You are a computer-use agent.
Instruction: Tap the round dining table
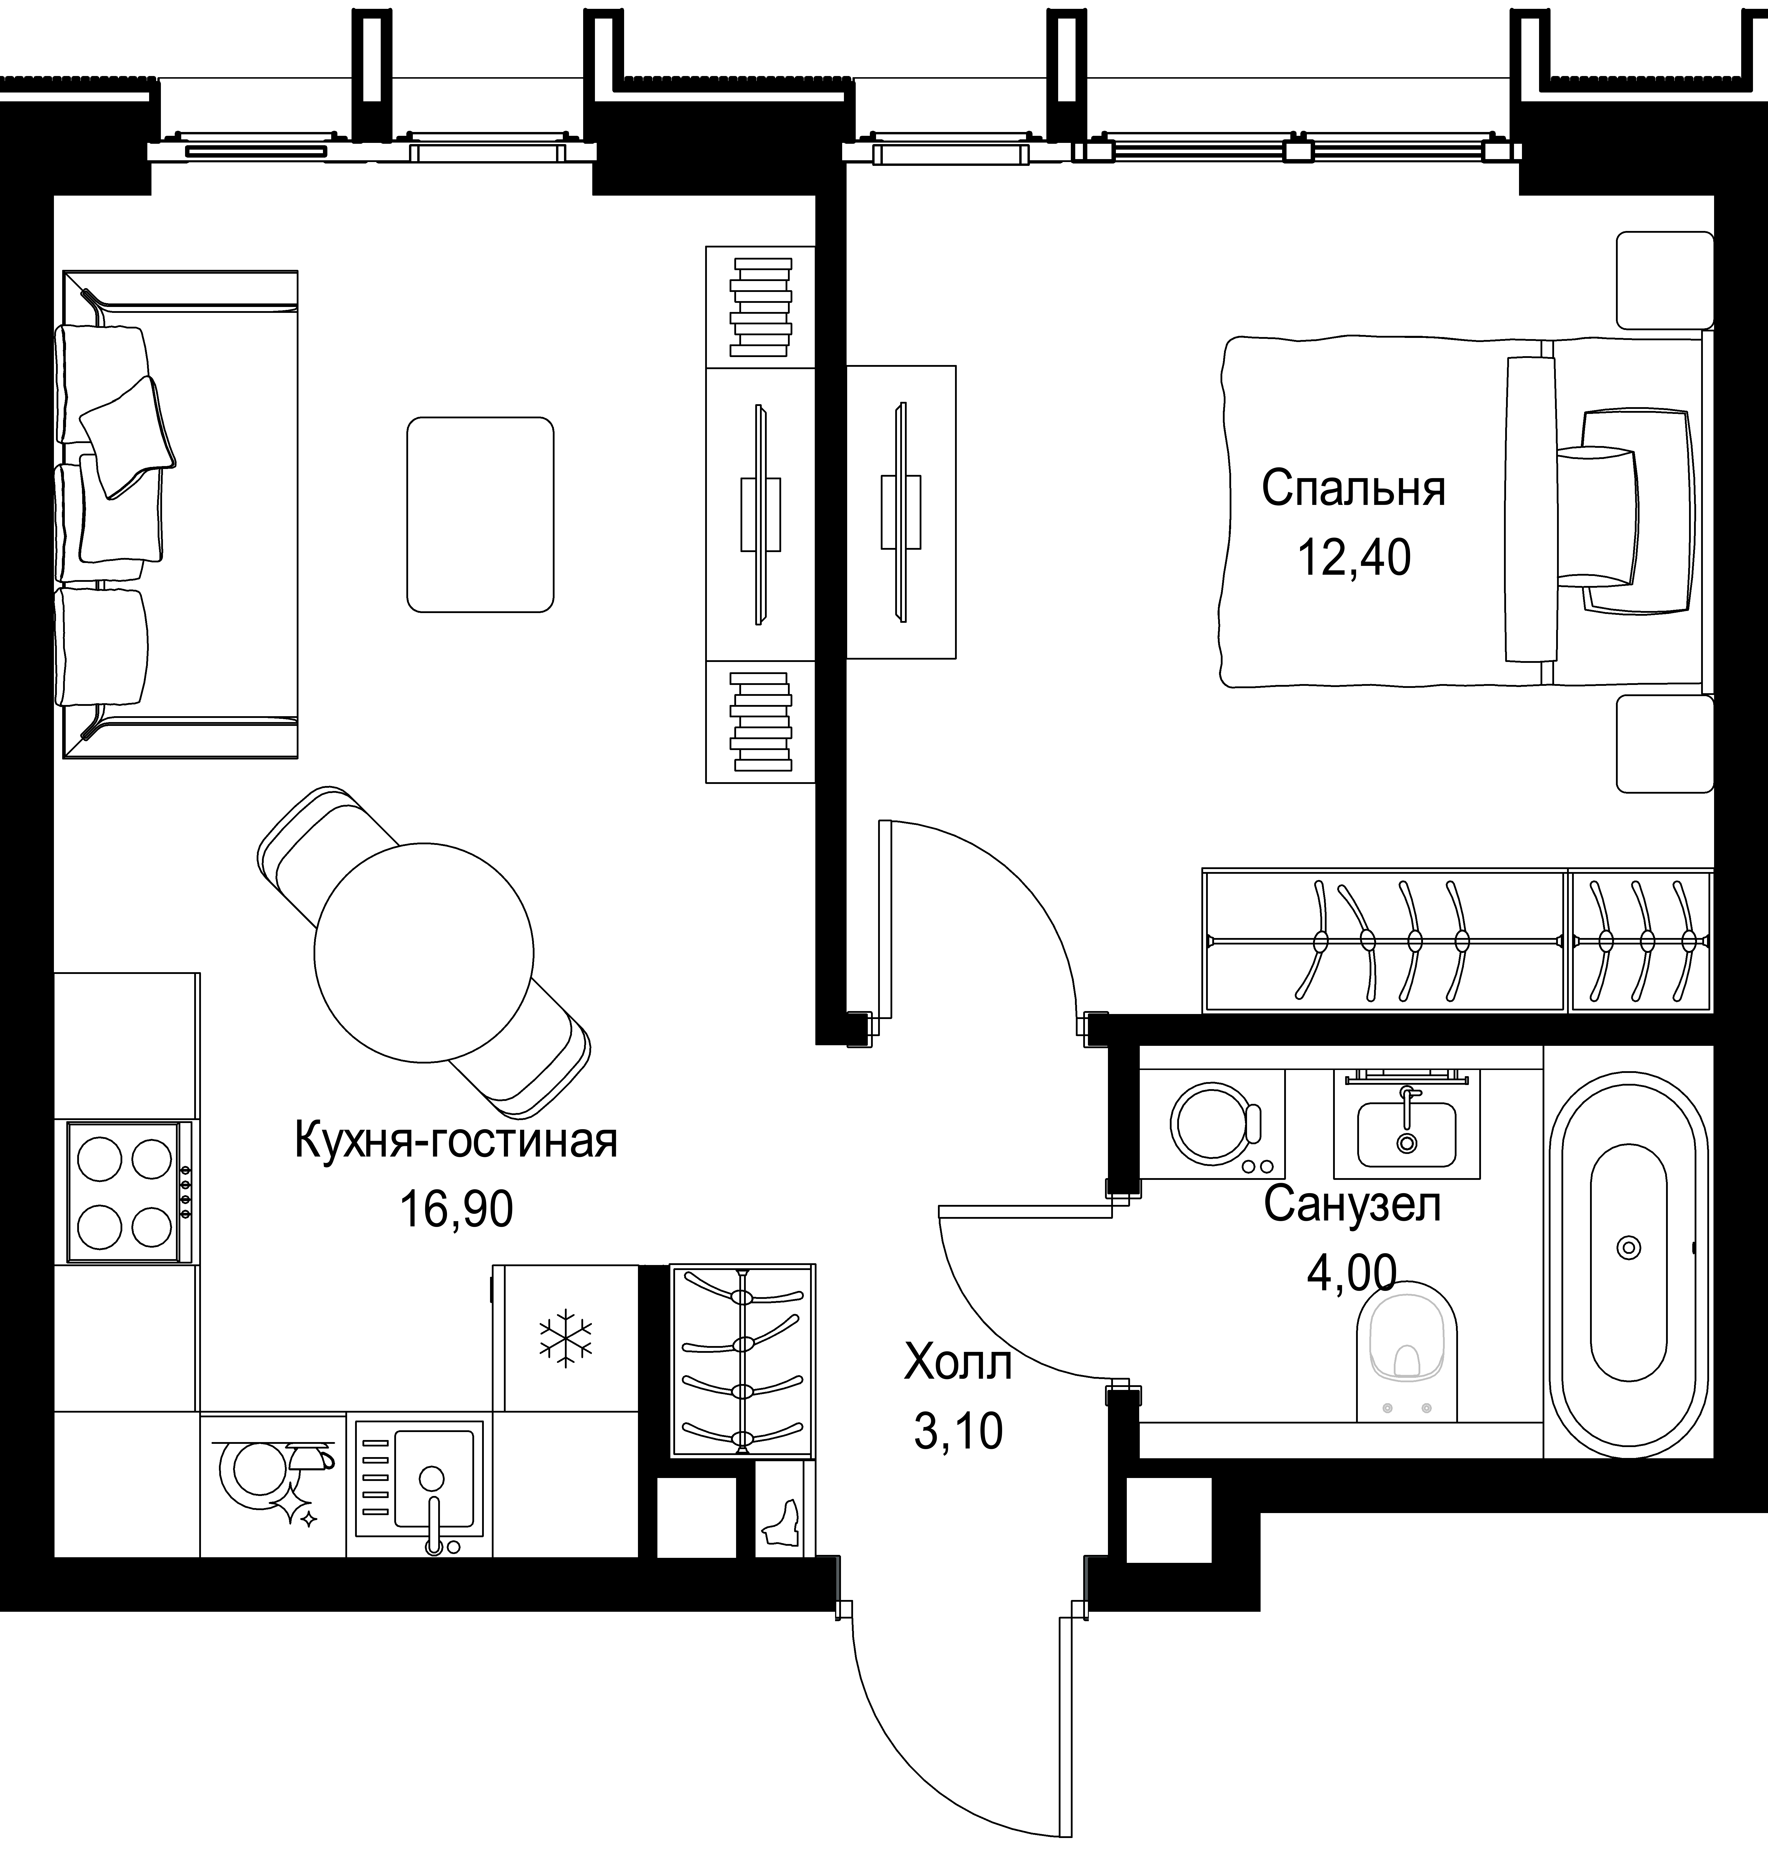(x=424, y=952)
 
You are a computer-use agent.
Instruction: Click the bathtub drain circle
(x=1629, y=1247)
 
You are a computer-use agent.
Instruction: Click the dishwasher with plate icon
(x=273, y=1484)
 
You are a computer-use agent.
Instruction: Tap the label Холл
(x=957, y=1363)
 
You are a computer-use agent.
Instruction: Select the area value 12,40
(x=1354, y=558)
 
